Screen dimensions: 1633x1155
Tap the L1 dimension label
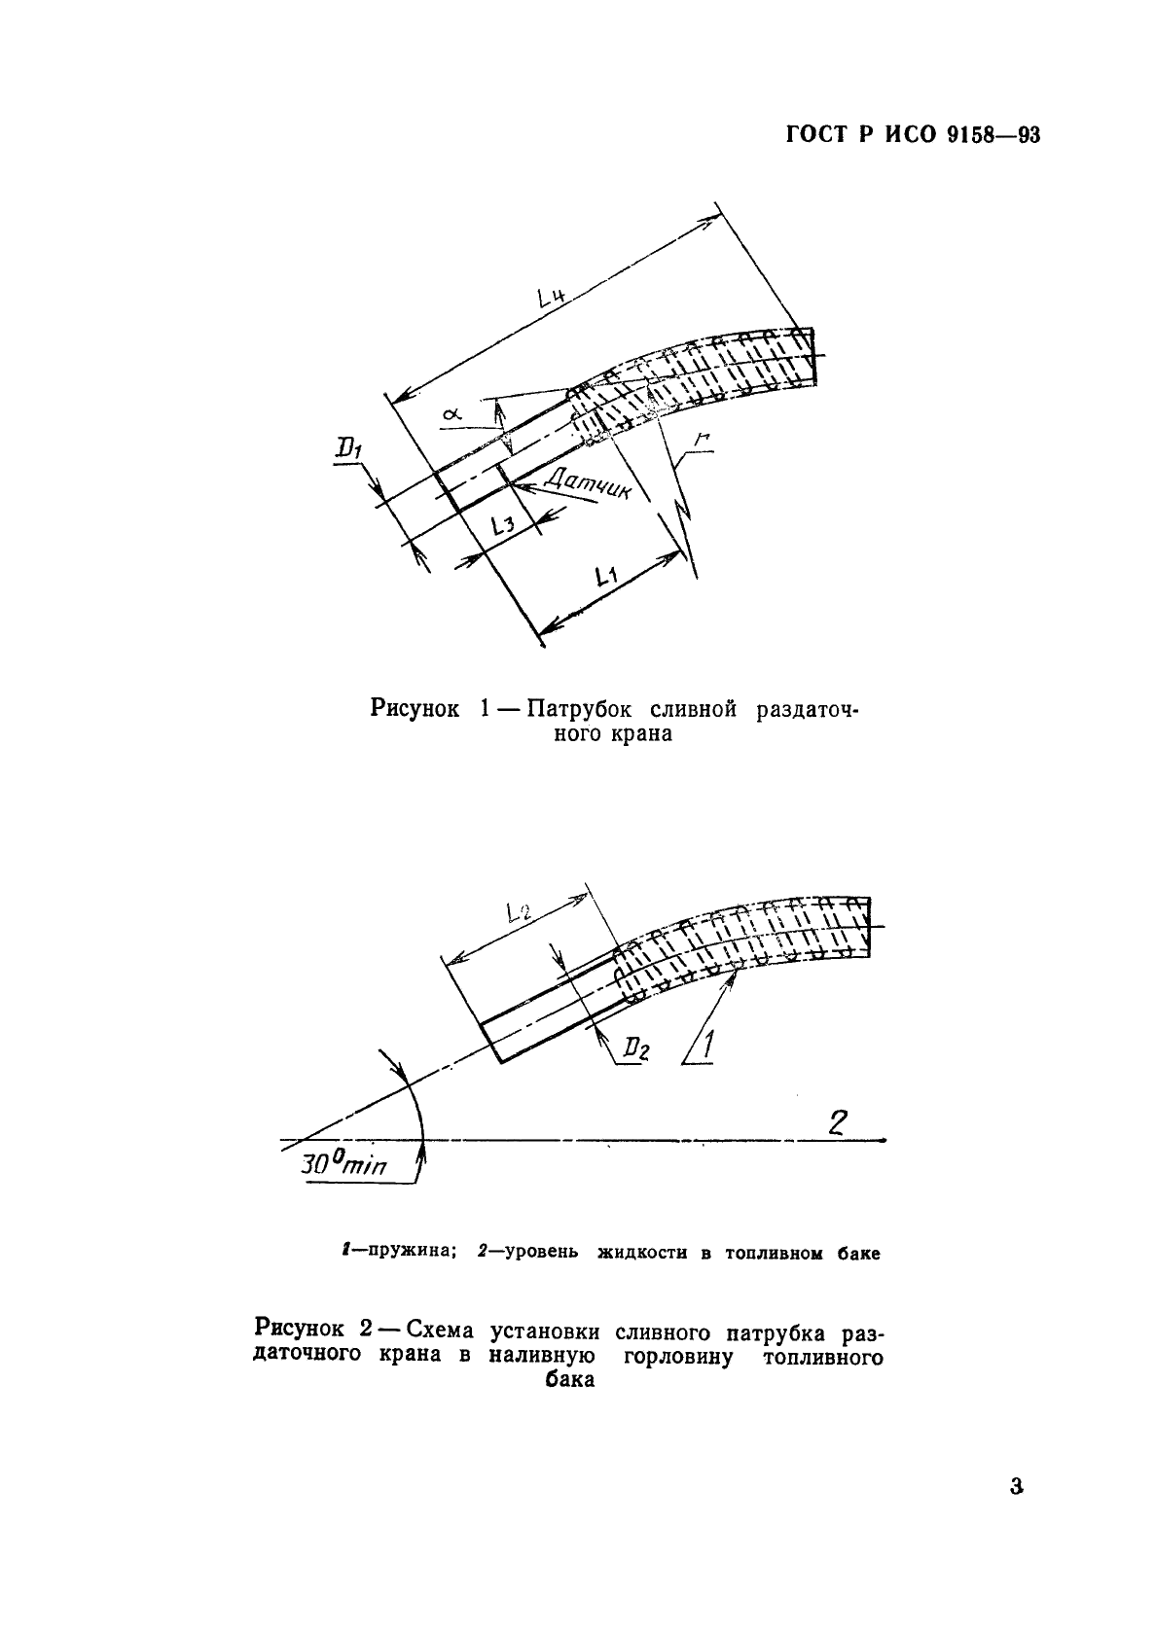pyautogui.click(x=608, y=578)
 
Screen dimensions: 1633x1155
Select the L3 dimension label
pyautogui.click(x=503, y=527)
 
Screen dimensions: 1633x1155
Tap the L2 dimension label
pyautogui.click(x=519, y=912)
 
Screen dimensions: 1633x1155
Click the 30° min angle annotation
pyautogui.click(x=343, y=1163)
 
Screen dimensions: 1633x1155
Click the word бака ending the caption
pyautogui.click(x=569, y=1379)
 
